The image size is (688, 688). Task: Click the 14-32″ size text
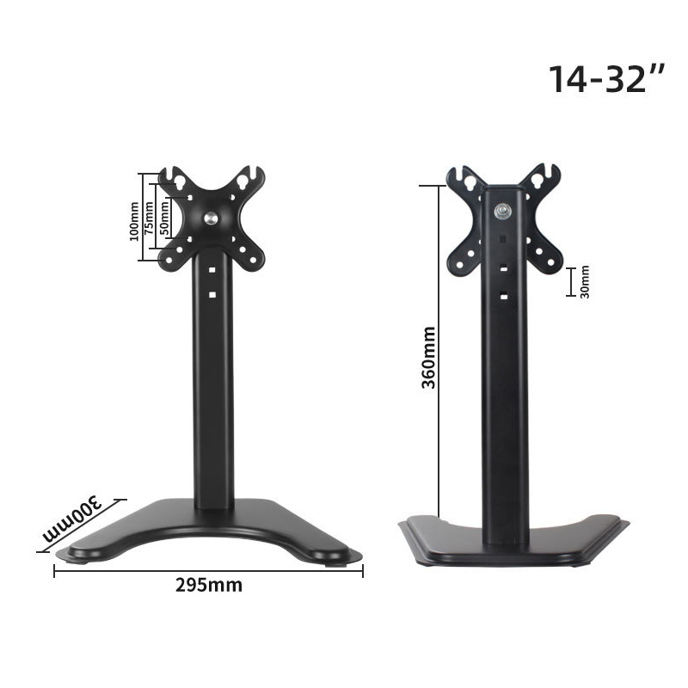point(607,79)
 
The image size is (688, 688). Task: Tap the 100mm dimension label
point(134,221)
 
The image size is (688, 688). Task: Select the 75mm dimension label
point(149,218)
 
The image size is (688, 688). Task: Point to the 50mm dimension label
point(164,218)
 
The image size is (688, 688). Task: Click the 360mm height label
point(428,357)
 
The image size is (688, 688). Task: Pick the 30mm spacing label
point(585,282)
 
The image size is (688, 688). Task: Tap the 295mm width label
point(209,585)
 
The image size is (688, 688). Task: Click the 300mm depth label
point(71,519)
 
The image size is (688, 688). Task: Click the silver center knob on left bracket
point(211,218)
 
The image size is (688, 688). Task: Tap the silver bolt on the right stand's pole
point(503,212)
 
